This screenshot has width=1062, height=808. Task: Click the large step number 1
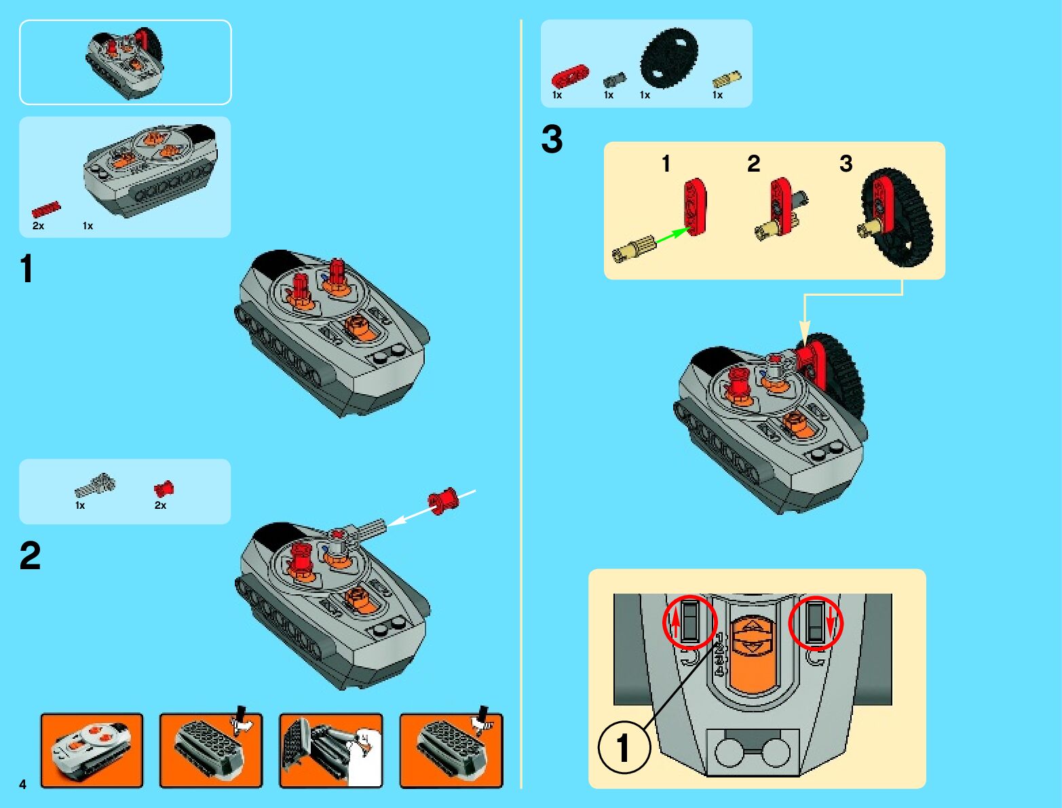click(27, 269)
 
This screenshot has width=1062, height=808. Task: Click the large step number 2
click(30, 556)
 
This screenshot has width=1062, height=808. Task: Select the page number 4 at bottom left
click(23, 784)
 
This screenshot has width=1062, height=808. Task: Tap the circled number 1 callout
click(624, 747)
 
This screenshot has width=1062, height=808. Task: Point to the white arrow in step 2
click(431, 508)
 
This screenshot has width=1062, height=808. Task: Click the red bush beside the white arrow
click(442, 501)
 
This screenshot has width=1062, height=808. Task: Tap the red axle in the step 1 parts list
click(46, 210)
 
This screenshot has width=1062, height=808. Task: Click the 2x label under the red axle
click(38, 226)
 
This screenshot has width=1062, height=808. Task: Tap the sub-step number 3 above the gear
click(846, 163)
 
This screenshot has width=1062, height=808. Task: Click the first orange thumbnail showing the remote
click(92, 750)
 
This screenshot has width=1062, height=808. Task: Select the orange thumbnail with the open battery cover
click(331, 750)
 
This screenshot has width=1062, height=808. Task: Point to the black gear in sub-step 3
click(898, 216)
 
